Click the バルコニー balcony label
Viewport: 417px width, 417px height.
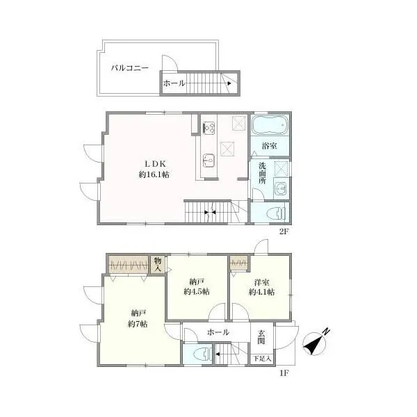(x=130, y=68)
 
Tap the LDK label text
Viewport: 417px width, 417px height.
(x=155, y=163)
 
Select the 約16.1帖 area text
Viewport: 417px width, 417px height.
(x=154, y=174)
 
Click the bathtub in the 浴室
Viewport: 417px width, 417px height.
(x=270, y=125)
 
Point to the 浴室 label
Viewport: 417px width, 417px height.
(x=270, y=146)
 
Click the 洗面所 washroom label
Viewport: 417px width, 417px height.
(x=263, y=173)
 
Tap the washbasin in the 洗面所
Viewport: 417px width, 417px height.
(x=281, y=188)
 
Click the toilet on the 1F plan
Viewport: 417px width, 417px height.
(x=203, y=354)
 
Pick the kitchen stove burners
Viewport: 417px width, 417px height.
(x=209, y=127)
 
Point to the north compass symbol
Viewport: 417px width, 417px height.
(x=316, y=343)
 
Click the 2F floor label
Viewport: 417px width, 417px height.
(x=284, y=231)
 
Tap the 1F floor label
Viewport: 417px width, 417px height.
(x=284, y=373)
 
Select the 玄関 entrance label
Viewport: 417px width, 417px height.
(x=261, y=337)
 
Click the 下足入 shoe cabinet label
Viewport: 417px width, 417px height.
(x=262, y=359)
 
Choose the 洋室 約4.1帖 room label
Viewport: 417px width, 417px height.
(x=262, y=287)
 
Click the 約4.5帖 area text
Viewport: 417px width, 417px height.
(x=197, y=292)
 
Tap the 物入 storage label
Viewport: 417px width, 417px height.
(x=158, y=264)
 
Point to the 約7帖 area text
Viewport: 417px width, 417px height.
(x=138, y=324)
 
